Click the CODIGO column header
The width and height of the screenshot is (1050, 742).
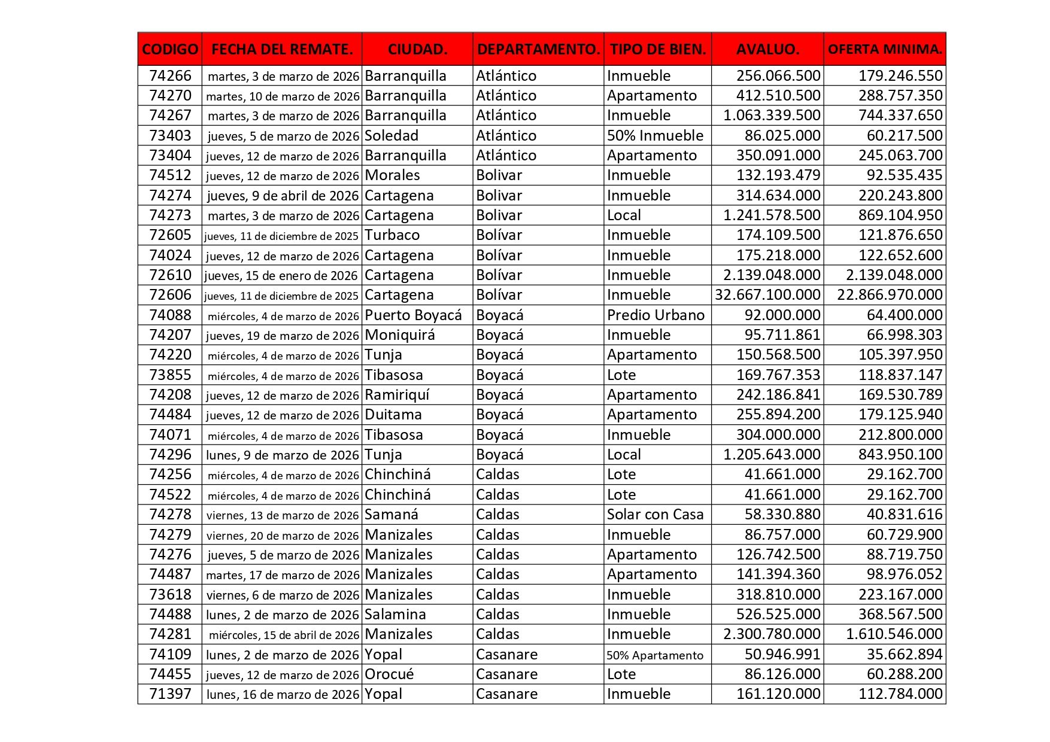click(170, 49)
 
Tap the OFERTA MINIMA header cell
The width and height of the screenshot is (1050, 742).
click(885, 49)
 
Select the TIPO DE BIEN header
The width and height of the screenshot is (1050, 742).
click(658, 49)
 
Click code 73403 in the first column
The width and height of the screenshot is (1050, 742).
click(170, 136)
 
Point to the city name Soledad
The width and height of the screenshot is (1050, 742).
click(392, 136)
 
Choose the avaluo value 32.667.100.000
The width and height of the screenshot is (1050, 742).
click(767, 295)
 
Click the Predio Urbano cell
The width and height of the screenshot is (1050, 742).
click(656, 315)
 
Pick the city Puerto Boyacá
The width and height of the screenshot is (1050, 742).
click(413, 315)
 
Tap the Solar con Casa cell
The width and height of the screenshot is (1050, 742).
click(655, 515)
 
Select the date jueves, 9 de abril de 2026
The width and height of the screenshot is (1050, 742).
click(283, 196)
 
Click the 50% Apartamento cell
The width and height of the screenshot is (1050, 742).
click(655, 655)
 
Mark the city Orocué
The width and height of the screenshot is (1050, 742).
click(389, 674)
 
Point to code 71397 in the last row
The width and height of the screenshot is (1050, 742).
click(170, 694)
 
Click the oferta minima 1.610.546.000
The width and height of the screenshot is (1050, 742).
click(894, 634)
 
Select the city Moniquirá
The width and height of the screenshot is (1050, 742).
click(400, 335)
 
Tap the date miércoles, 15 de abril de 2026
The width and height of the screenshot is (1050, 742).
click(284, 635)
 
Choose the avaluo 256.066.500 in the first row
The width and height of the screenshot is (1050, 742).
click(778, 76)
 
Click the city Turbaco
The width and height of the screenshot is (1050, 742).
click(392, 235)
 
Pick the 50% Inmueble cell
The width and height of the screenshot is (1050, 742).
click(655, 136)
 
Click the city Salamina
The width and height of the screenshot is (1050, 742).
click(395, 615)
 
